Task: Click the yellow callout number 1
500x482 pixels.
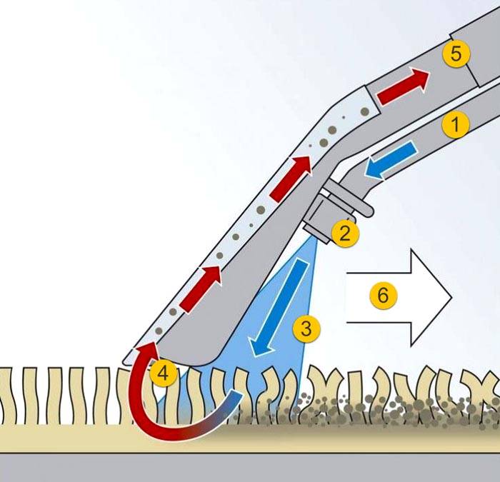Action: click(456, 125)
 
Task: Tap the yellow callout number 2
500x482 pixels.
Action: click(345, 234)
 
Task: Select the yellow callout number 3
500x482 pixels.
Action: click(306, 328)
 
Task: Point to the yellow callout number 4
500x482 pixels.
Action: click(164, 373)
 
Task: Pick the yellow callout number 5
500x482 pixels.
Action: click(456, 54)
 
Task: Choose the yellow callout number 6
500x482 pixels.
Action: click(384, 295)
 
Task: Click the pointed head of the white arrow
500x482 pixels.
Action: click(452, 298)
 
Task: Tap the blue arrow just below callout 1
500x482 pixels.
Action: click(391, 161)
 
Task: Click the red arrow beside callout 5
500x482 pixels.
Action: click(404, 86)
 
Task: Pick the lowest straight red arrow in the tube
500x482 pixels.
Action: click(200, 288)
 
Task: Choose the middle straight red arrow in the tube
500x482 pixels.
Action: click(291, 179)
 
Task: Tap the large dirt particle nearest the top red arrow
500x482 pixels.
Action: click(365, 111)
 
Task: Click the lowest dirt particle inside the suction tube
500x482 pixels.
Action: click(159, 331)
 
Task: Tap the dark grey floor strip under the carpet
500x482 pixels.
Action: click(250, 467)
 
